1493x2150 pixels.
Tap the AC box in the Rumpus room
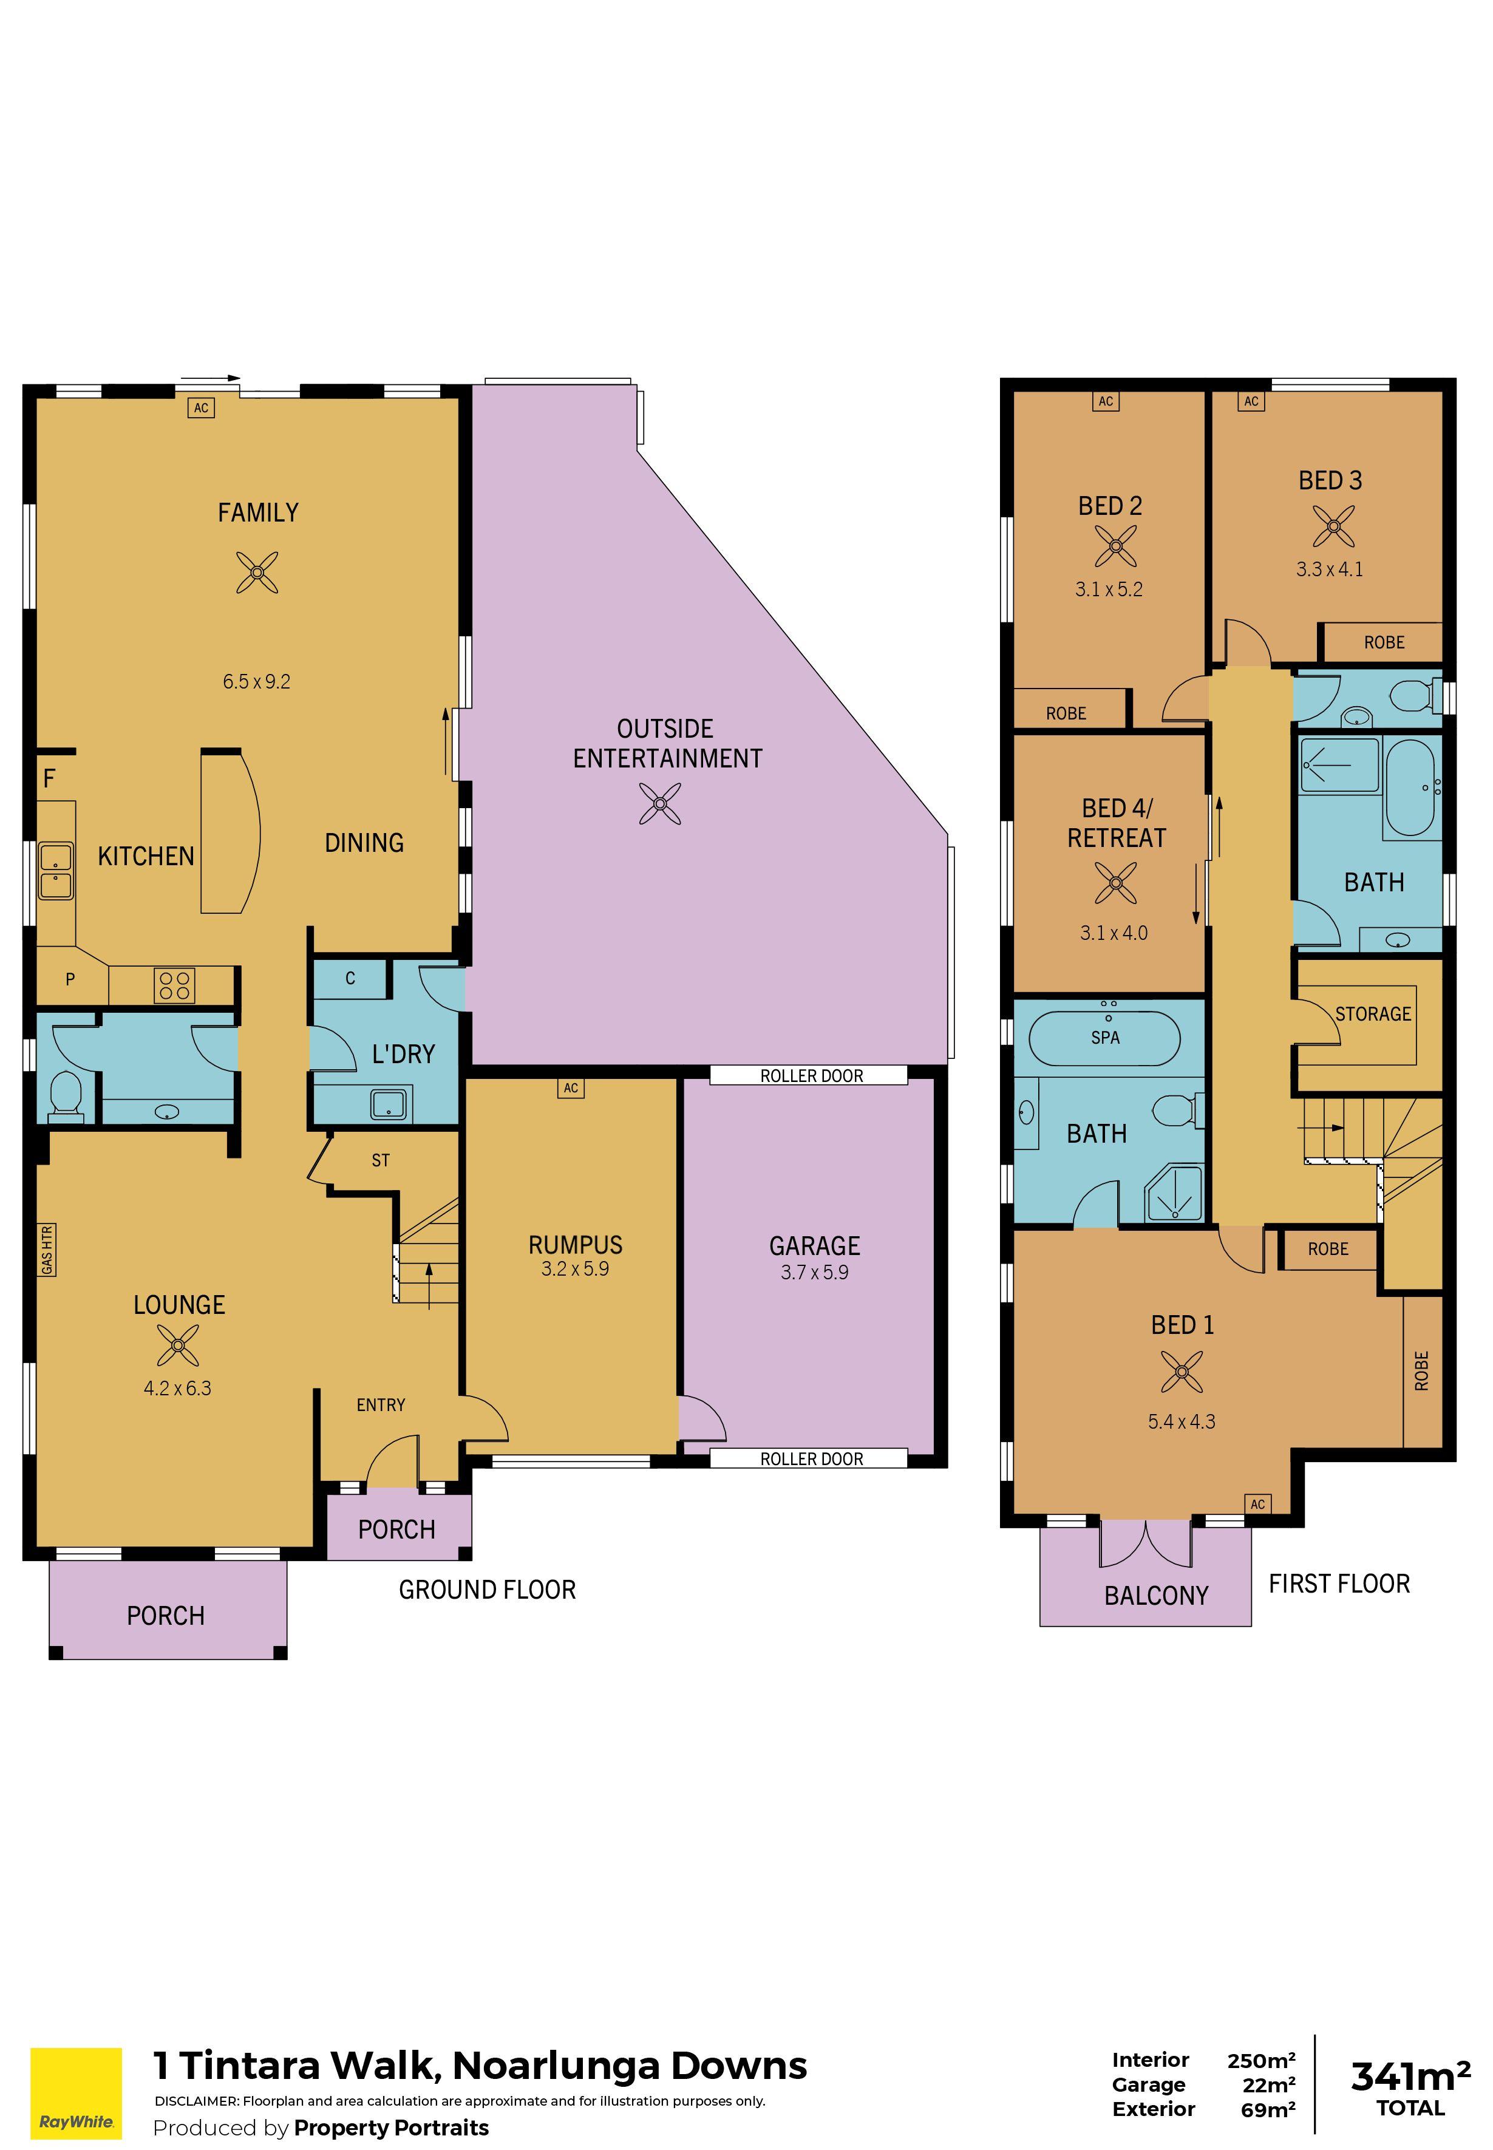point(571,1088)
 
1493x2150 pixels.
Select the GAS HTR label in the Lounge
point(47,1250)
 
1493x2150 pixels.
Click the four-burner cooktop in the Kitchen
point(175,986)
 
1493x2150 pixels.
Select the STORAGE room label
point(1372,1014)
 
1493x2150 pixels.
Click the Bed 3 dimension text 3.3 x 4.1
point(1328,570)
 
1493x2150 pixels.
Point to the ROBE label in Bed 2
point(1066,713)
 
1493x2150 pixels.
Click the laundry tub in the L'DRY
point(389,1104)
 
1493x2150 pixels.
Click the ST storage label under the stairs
point(380,1160)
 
